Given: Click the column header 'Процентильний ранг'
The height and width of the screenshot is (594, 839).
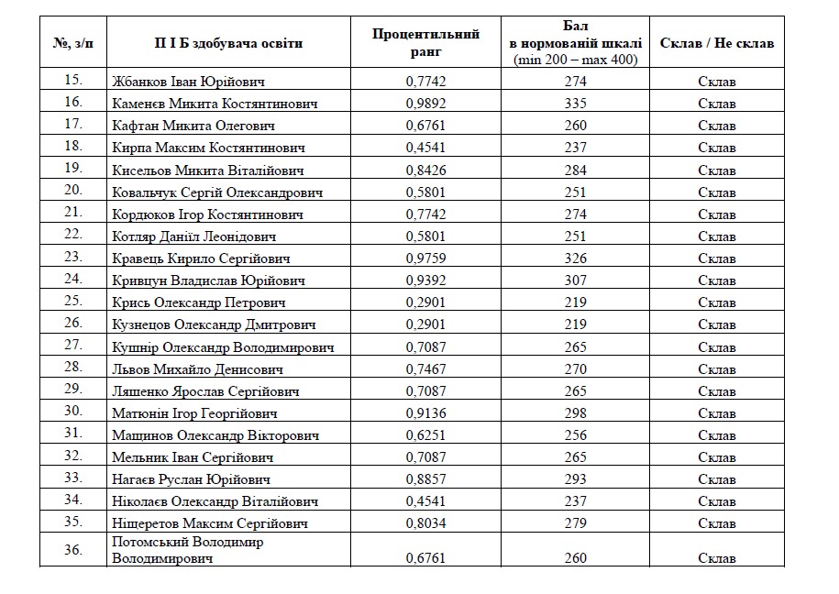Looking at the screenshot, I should coord(425,43).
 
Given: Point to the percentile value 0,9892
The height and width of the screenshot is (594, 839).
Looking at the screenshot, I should coord(425,103).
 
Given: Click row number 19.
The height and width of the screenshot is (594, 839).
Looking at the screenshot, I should coord(73,169).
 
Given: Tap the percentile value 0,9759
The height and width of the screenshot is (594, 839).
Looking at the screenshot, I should coord(425,258).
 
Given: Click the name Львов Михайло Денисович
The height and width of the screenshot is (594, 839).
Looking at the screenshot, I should coord(197,369).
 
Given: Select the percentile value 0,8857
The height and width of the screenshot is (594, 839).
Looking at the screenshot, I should coord(425,479).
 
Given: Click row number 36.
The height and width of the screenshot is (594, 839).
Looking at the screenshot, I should coord(73,550).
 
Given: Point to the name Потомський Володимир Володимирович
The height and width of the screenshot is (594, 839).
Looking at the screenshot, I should coord(187,550).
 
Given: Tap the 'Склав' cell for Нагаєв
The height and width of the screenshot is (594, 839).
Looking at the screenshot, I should coord(716,479).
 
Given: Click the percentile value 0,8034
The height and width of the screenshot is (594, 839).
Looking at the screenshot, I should coord(425,523).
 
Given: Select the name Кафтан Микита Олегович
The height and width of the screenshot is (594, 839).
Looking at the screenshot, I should coord(193,126).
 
